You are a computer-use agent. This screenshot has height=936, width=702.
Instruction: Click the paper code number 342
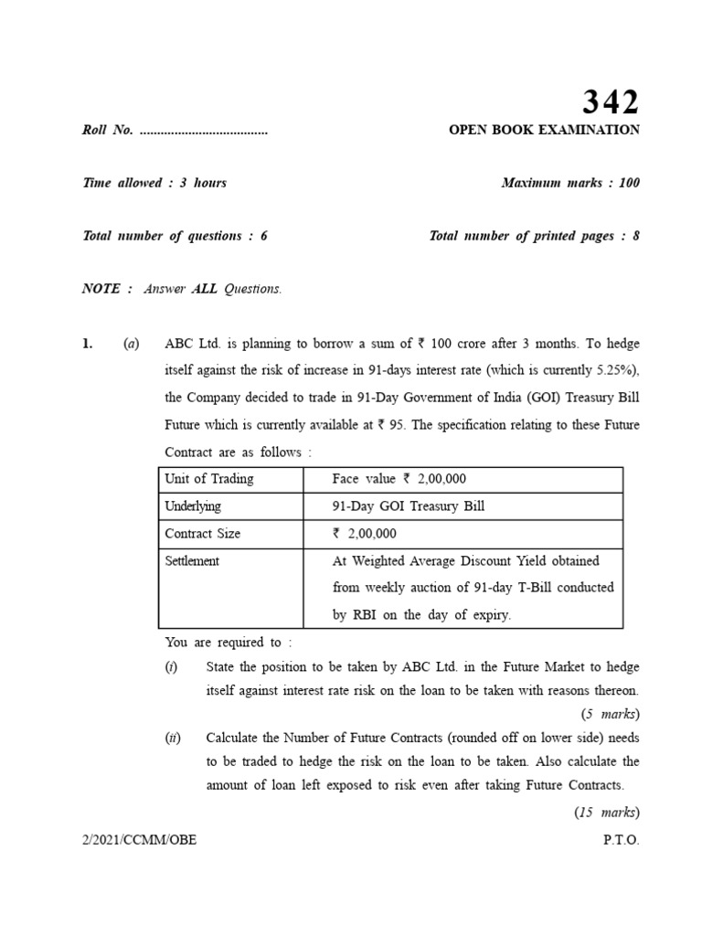click(x=612, y=101)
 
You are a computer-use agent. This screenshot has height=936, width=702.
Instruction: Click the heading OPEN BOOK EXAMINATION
click(x=544, y=130)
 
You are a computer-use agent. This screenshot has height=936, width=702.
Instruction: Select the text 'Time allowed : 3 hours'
click(x=154, y=183)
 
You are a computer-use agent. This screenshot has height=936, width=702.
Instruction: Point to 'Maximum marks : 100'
click(x=570, y=183)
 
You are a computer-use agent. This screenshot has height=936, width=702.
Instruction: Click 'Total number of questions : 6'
click(x=175, y=236)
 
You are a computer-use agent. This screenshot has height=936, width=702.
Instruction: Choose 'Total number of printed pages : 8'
click(x=534, y=236)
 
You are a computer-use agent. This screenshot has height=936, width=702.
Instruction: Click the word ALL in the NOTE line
click(x=205, y=289)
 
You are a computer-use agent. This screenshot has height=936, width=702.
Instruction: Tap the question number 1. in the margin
click(x=88, y=344)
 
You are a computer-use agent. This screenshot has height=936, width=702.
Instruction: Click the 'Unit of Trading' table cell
click(x=209, y=479)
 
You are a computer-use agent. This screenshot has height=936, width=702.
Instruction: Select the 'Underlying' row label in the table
click(x=193, y=506)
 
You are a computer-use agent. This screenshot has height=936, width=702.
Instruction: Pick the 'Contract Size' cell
click(x=202, y=534)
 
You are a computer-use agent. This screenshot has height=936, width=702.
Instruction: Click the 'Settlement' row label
click(x=192, y=561)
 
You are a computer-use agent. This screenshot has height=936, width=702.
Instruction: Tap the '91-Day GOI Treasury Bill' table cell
click(x=408, y=506)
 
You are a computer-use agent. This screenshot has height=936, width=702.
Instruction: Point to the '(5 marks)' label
click(x=610, y=714)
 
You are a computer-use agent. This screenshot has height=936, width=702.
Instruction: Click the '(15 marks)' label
click(x=606, y=812)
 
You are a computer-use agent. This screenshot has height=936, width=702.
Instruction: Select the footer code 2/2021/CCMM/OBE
click(x=139, y=840)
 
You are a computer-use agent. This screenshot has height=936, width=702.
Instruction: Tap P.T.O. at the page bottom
click(x=622, y=840)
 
